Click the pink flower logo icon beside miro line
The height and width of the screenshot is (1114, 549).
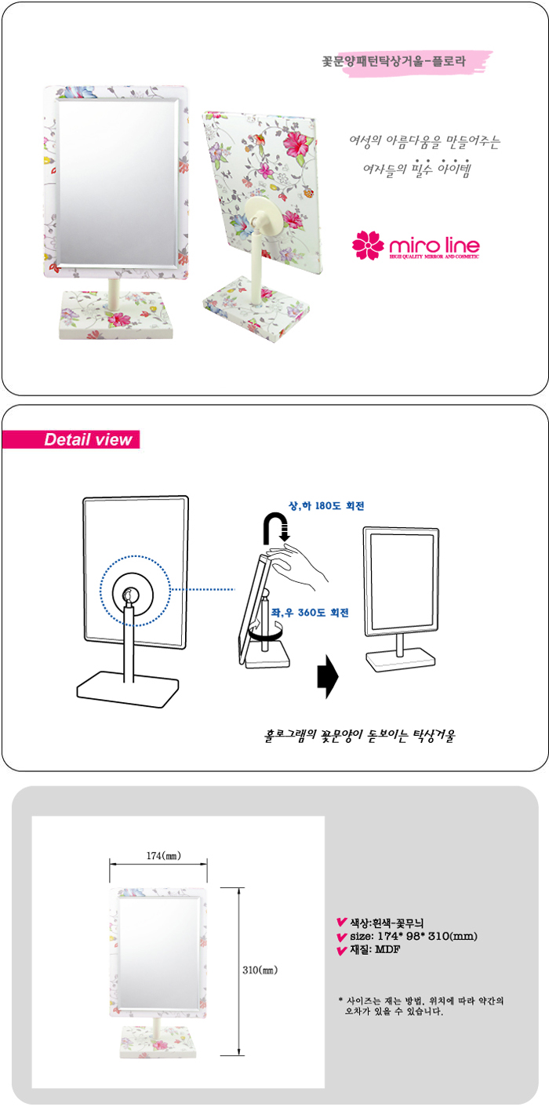pyautogui.click(x=368, y=245)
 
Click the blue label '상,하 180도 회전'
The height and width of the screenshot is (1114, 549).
pyautogui.click(x=327, y=506)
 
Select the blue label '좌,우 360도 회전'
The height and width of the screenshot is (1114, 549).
pyautogui.click(x=310, y=613)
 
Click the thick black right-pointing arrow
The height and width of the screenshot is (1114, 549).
pyautogui.click(x=328, y=676)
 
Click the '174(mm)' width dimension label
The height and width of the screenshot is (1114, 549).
pyautogui.click(x=164, y=855)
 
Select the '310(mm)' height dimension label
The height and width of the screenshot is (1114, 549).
pyautogui.click(x=260, y=970)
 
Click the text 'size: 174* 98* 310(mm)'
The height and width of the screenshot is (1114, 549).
pyautogui.click(x=413, y=936)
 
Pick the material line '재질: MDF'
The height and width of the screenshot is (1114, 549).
pyautogui.click(x=375, y=949)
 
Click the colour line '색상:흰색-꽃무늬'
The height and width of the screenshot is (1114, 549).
pyautogui.click(x=387, y=923)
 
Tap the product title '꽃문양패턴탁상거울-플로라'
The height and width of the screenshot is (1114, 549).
pyautogui.click(x=394, y=62)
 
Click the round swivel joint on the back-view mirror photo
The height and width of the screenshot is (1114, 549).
pyautogui.click(x=262, y=220)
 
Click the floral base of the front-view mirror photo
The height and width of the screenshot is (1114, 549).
pyautogui.click(x=116, y=315)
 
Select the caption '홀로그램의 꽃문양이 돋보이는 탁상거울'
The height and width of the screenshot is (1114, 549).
pyautogui.click(x=359, y=736)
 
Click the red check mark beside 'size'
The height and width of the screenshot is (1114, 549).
pyautogui.click(x=342, y=937)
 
